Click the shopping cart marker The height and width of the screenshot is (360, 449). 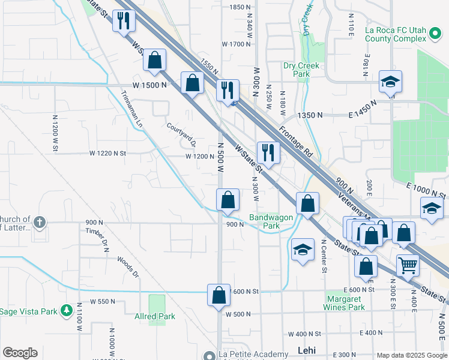[408, 265]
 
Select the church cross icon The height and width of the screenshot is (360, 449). [40, 223]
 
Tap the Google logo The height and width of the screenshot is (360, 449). [20, 353]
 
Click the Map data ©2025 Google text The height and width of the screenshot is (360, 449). [412, 355]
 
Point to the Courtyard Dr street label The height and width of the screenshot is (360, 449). [181, 135]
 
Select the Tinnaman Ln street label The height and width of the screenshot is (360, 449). [132, 109]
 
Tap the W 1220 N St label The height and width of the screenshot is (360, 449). [108, 154]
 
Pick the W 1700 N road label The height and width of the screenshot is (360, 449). [235, 44]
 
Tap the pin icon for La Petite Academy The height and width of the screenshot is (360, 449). [208, 355]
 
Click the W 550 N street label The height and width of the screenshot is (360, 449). [103, 301]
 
